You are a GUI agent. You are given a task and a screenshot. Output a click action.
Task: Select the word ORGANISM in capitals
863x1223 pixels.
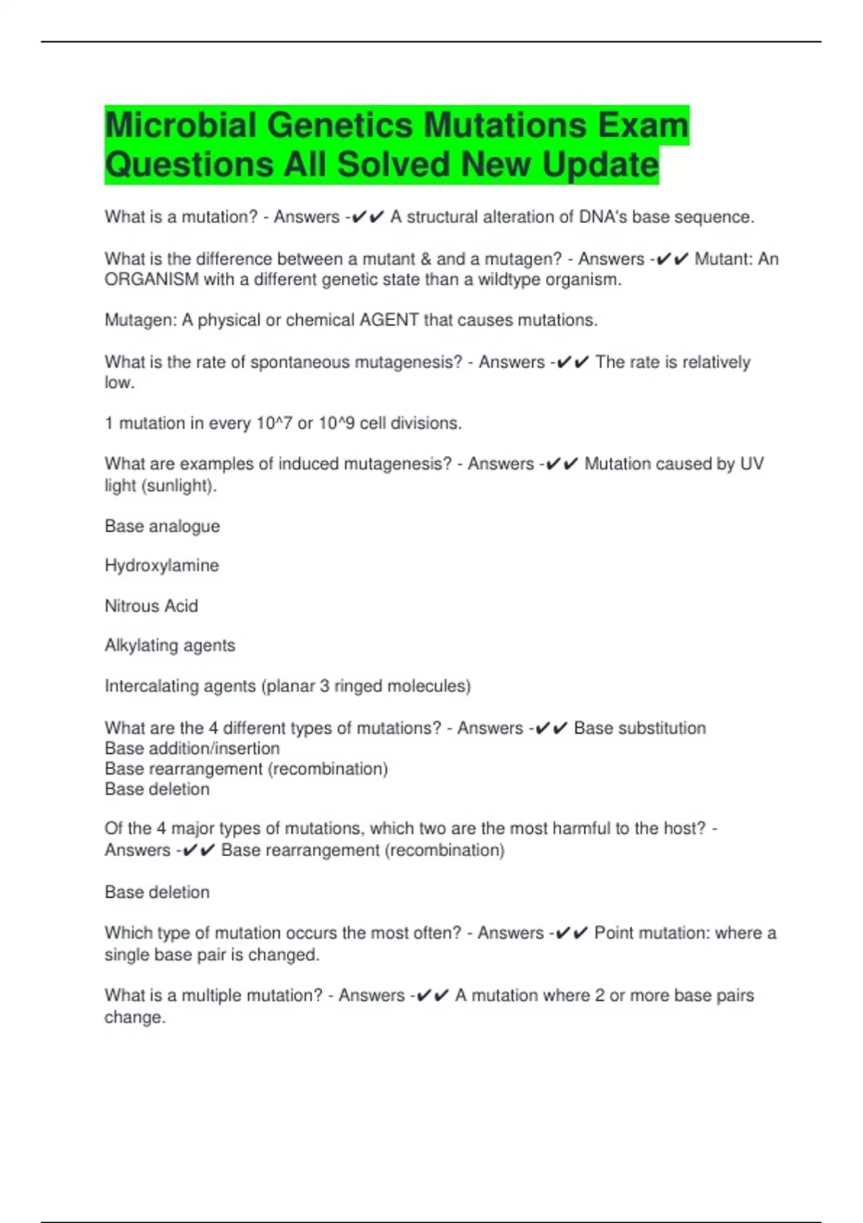tap(152, 280)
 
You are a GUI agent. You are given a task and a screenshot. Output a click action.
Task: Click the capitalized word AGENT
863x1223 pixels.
tap(389, 320)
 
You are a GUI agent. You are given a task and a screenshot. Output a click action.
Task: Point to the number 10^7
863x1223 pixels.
tap(275, 423)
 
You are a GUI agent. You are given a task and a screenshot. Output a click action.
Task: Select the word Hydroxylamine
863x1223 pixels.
tap(162, 565)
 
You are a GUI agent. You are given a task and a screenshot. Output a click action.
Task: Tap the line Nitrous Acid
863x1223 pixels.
tap(151, 606)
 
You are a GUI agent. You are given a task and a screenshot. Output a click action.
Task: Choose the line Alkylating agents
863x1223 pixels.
tap(170, 645)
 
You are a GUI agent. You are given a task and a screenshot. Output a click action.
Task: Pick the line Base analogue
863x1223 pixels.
tap(163, 526)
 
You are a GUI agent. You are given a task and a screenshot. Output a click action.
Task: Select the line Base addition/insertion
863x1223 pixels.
tap(192, 748)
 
